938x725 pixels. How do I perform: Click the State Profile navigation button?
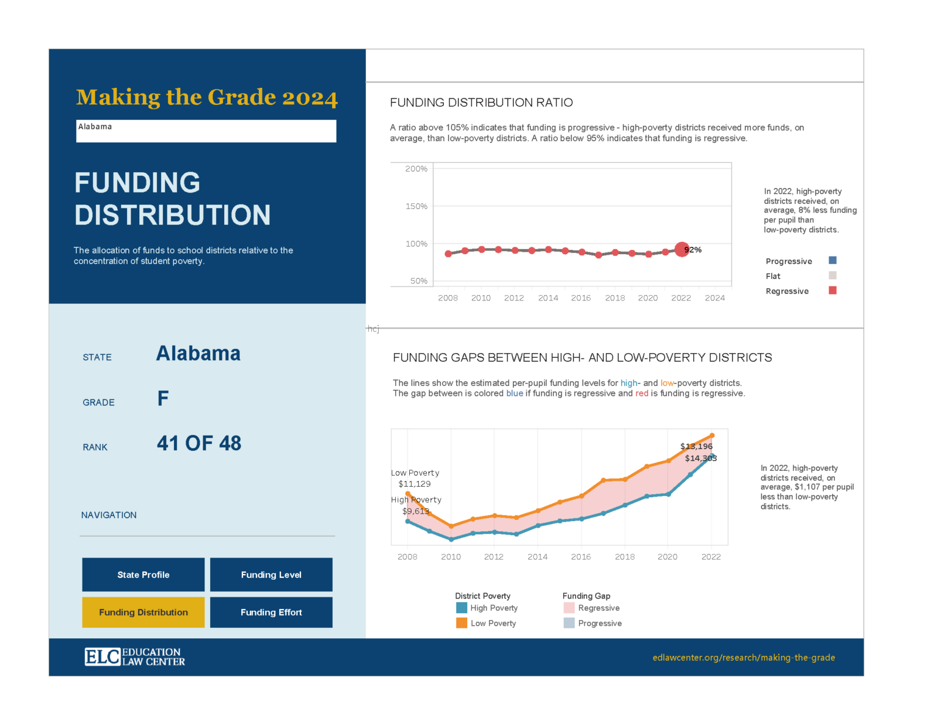(144, 575)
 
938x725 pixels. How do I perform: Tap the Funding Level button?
(271, 575)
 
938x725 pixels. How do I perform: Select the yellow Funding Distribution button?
(144, 612)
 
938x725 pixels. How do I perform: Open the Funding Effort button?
(271, 612)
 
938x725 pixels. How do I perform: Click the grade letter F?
(163, 399)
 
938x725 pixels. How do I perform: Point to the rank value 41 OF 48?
(199, 443)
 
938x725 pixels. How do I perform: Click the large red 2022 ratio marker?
(682, 249)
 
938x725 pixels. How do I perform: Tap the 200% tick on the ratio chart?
(416, 169)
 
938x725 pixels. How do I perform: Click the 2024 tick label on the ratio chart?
(714, 298)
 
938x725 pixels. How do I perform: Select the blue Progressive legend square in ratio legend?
(832, 260)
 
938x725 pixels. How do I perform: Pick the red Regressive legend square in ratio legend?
(832, 290)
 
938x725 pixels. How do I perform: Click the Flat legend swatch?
(832, 275)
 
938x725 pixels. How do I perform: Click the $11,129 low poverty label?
(415, 484)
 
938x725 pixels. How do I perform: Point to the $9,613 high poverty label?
(416, 511)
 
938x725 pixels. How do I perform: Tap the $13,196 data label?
(696, 446)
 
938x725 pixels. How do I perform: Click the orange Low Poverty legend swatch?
(462, 623)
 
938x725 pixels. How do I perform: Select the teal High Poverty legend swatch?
(462, 608)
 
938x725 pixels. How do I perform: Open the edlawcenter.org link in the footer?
(743, 658)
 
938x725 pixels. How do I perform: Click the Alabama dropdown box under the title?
(206, 131)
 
